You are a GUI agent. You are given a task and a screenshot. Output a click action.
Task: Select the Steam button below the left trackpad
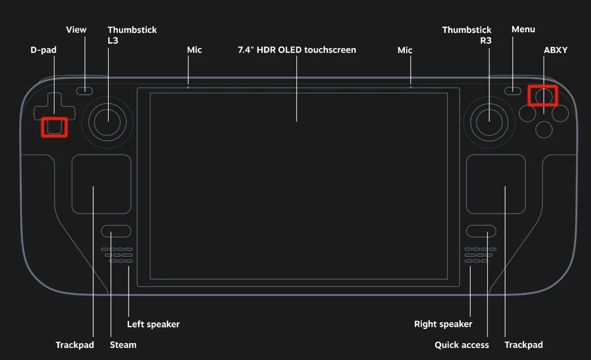pos(116,231)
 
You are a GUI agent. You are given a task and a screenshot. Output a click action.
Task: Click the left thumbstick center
pos(108,121)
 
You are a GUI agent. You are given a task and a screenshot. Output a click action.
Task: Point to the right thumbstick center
pos(489,121)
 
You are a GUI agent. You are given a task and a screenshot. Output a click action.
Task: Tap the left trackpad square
pos(101,184)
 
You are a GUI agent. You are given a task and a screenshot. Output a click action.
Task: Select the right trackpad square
pos(496,184)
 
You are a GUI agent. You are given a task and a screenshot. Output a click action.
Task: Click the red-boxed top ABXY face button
pos(543,96)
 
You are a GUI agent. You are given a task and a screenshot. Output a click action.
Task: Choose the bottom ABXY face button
pos(543,129)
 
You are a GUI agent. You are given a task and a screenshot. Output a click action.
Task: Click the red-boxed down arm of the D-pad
pos(55,127)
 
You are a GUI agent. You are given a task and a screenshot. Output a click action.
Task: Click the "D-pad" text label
pos(43,50)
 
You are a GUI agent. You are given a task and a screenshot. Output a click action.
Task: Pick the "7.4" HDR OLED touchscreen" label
pos(297,50)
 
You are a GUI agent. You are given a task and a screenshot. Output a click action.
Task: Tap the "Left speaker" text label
pos(153,324)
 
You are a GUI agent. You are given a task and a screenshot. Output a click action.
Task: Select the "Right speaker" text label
pos(443,324)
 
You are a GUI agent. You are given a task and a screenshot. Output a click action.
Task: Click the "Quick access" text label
pos(461,345)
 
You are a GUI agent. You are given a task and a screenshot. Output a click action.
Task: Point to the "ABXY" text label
pos(555,50)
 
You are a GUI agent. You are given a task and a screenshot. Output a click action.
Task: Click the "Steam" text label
pos(123,345)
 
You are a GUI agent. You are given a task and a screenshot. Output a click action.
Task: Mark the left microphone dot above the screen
pos(188,87)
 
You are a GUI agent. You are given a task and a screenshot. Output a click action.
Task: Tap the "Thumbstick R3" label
pos(467,35)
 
